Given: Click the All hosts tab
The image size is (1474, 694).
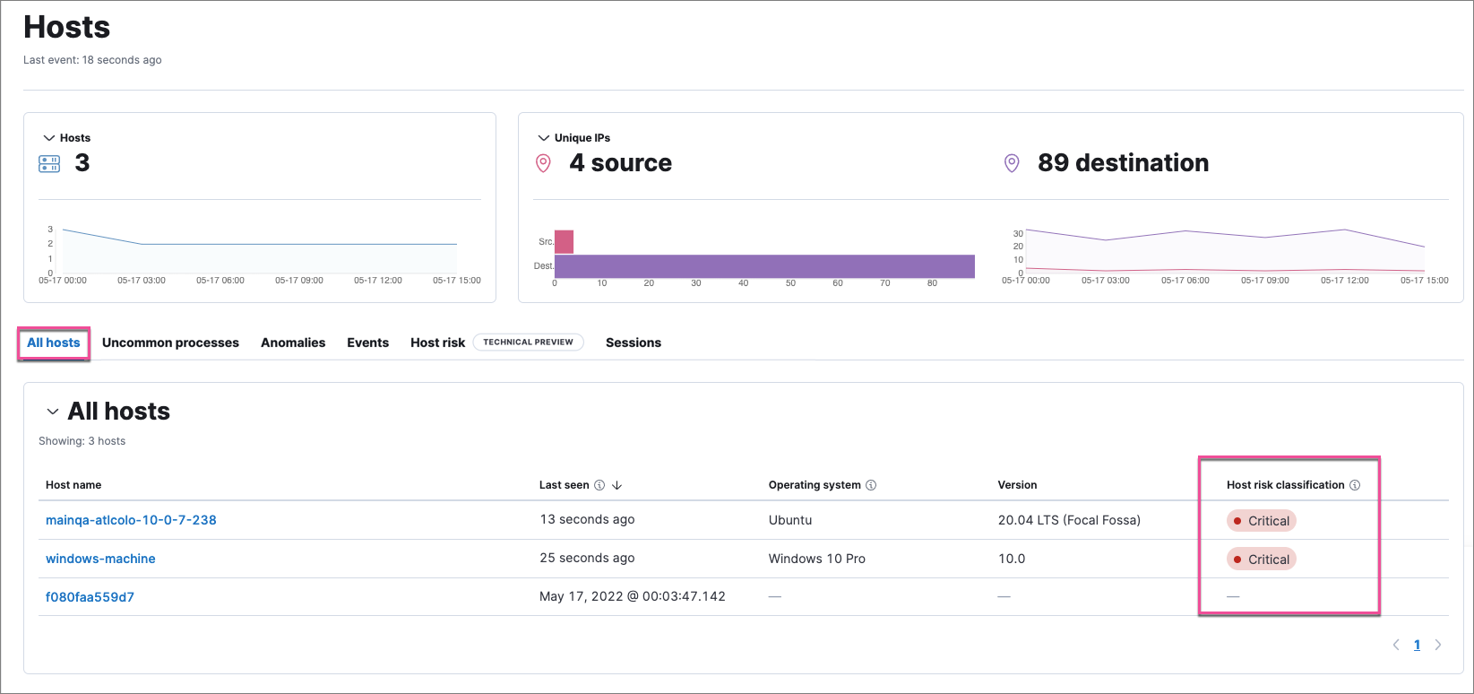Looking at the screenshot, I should (x=54, y=343).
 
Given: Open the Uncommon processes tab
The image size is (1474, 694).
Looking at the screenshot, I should (x=170, y=343).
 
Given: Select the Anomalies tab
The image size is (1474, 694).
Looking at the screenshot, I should (x=293, y=343).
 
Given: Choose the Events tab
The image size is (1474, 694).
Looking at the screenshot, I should (x=367, y=343).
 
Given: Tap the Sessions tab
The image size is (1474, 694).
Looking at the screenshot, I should (x=633, y=343).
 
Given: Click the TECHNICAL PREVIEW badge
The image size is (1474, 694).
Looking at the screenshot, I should (x=528, y=343).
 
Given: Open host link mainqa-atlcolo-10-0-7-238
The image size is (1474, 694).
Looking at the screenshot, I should (x=131, y=520).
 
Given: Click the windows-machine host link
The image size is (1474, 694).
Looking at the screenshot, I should (x=100, y=559).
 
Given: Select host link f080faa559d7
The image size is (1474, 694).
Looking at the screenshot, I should (x=90, y=597).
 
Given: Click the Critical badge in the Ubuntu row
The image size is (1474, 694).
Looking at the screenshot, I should (x=1262, y=521).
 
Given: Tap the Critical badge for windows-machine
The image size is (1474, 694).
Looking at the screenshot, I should (x=1262, y=560).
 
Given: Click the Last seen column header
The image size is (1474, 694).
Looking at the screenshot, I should (x=565, y=485).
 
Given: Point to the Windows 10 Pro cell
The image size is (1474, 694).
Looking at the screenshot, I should (x=816, y=559).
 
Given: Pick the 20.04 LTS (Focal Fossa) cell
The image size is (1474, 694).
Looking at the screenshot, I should (x=1069, y=520).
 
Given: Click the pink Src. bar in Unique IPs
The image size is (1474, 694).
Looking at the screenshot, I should (x=564, y=242).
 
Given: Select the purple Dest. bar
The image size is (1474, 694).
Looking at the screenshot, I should (x=763, y=266).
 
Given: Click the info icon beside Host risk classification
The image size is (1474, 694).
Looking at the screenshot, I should (x=1355, y=485).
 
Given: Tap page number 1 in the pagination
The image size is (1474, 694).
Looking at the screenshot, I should (x=1417, y=645).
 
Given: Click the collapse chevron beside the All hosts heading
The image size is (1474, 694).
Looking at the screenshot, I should (x=52, y=412).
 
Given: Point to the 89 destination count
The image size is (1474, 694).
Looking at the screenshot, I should (x=1122, y=163).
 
